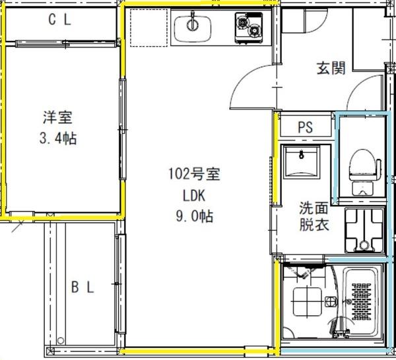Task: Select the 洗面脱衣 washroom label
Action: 311,216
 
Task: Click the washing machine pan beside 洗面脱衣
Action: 362,231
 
